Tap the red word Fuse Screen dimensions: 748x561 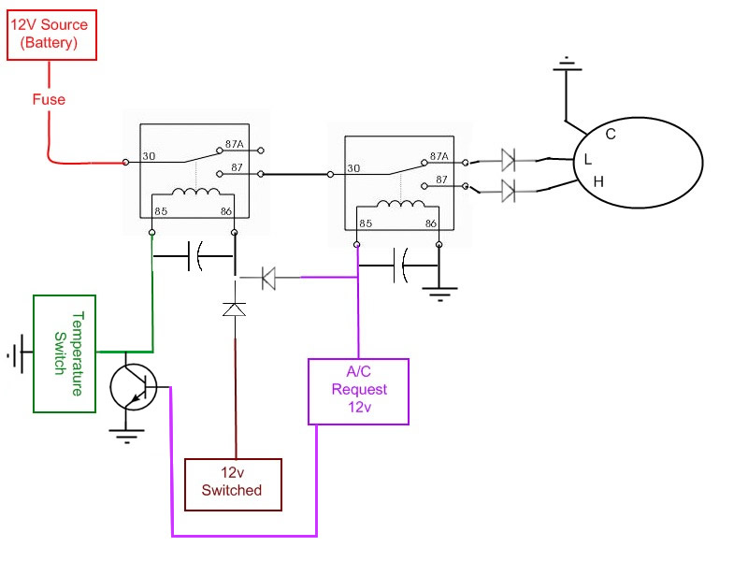49,99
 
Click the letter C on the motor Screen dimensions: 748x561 611,134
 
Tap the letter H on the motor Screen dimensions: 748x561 598,181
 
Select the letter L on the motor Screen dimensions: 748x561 588,159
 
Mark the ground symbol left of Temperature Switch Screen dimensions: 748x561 15,352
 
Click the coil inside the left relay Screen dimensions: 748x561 195,192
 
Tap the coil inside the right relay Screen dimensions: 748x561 400,204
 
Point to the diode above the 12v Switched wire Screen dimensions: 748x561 235,309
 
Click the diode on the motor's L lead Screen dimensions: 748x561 509,160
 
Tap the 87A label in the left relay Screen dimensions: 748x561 235,144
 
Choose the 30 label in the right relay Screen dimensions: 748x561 353,168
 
